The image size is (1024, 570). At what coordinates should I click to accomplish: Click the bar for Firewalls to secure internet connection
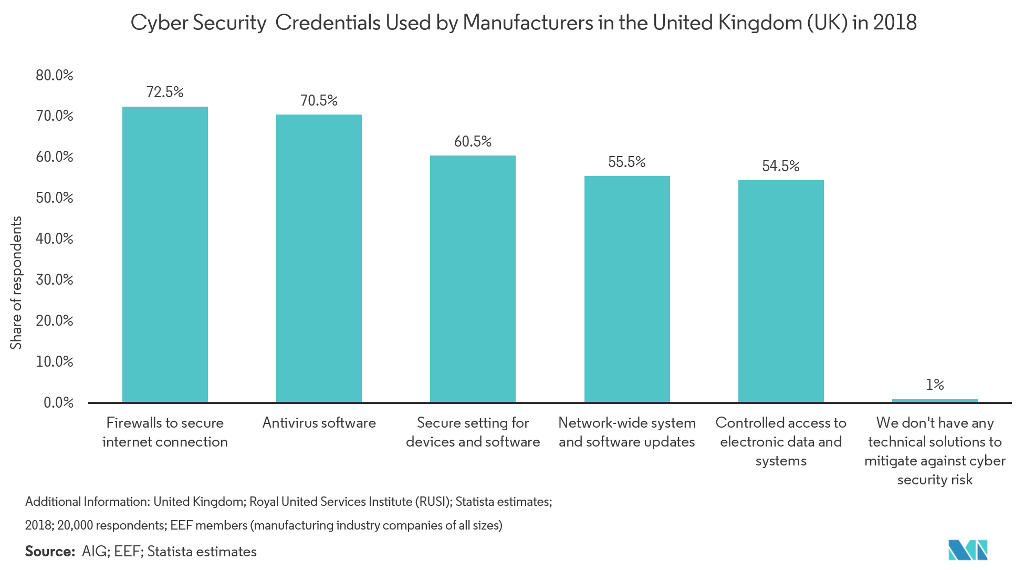[x=165, y=254]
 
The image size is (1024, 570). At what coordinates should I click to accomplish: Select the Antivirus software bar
[x=319, y=258]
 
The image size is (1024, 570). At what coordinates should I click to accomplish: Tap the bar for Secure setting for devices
[x=473, y=279]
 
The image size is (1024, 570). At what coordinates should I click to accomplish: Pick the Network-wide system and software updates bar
[x=627, y=289]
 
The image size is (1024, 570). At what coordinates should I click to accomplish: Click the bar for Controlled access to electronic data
[x=781, y=291]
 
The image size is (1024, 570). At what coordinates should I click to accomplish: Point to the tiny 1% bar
[x=935, y=400]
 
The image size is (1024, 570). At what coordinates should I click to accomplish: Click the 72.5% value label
[x=165, y=92]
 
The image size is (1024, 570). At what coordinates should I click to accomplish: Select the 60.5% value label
[x=473, y=141]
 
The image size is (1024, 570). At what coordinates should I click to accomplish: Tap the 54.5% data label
[x=781, y=166]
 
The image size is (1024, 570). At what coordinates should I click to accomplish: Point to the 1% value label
[x=935, y=385]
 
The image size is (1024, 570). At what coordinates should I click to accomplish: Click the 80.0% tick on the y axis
[x=55, y=75]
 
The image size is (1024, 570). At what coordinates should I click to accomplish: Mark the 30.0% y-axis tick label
[x=55, y=279]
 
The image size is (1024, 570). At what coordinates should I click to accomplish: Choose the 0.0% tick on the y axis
[x=58, y=402]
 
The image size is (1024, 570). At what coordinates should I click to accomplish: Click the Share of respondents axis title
[x=16, y=283]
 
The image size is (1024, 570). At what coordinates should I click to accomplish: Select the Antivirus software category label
[x=319, y=423]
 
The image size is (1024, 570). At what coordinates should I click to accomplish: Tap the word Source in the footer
[x=50, y=551]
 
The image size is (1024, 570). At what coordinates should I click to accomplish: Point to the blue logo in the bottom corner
[x=967, y=550]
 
